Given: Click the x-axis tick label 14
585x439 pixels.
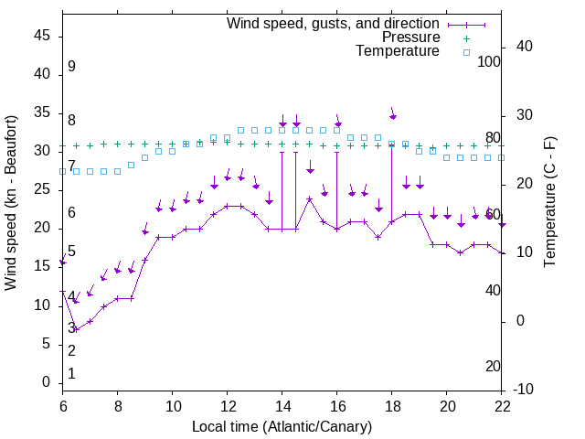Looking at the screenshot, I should [282, 407].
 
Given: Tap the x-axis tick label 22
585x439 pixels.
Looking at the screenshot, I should [502, 407].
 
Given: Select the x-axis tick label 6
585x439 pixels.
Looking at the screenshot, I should [63, 407].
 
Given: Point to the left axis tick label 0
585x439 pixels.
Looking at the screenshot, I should [47, 383].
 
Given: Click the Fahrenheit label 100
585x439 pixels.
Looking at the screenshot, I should [490, 62].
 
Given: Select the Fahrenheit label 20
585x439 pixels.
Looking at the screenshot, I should [494, 367].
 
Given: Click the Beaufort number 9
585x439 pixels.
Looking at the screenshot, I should [71, 67].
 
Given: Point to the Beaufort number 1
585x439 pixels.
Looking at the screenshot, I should [71, 373].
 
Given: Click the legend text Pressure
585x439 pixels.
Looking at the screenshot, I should [411, 37].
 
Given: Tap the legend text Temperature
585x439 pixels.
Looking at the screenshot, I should [398, 51].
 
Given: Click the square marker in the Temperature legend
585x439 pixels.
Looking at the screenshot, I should [465, 52].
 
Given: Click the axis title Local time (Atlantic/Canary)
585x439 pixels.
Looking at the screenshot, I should [282, 427].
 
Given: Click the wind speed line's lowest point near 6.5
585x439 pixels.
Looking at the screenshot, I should [77, 329].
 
